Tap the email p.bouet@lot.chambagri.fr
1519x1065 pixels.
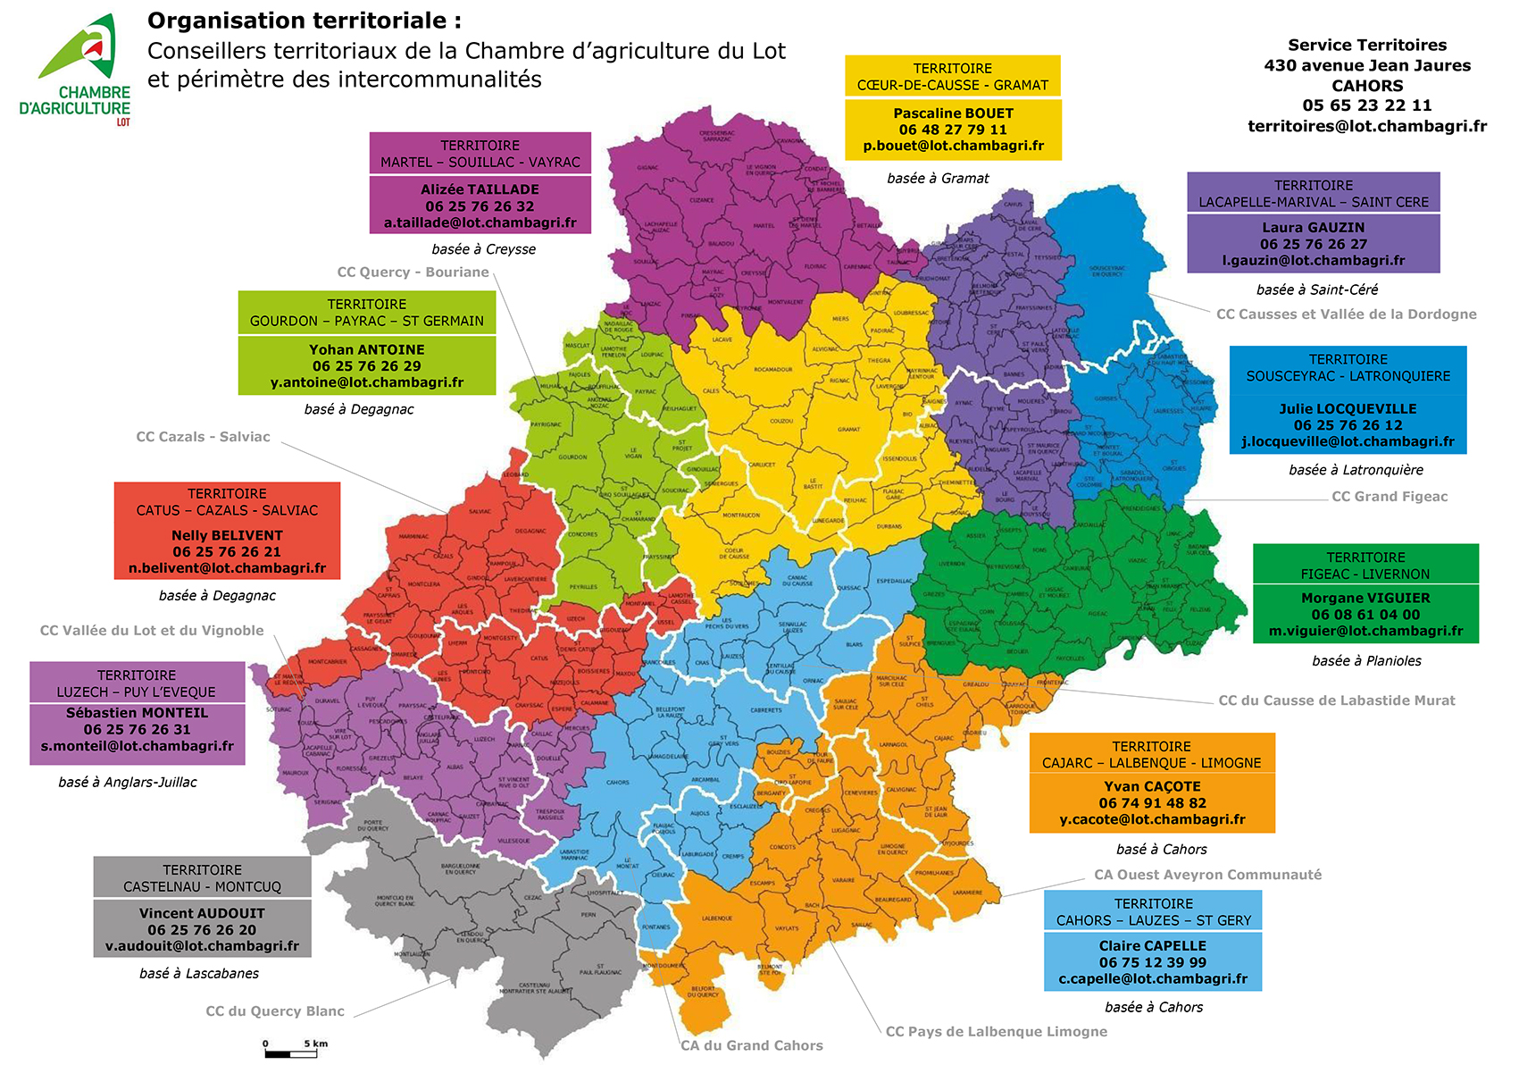953,146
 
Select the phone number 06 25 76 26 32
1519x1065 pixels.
480,206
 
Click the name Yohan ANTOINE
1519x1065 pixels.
366,349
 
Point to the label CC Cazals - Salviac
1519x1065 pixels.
203,437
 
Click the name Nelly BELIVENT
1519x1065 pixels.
227,535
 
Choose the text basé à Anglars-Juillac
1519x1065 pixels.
128,782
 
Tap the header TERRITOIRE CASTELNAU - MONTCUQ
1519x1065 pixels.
202,878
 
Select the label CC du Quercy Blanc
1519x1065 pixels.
275,1011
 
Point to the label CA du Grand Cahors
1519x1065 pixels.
752,1045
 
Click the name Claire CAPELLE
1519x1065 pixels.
1152,945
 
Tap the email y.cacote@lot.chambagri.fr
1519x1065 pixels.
1152,819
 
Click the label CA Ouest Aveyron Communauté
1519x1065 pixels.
1207,875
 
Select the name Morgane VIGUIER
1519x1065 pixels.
1365,598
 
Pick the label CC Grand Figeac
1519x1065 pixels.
1390,497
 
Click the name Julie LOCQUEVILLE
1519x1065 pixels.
1348,408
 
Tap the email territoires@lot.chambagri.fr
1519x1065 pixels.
1366,126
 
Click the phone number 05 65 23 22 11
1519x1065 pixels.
1366,105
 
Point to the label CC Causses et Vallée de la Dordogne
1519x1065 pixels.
1346,314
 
